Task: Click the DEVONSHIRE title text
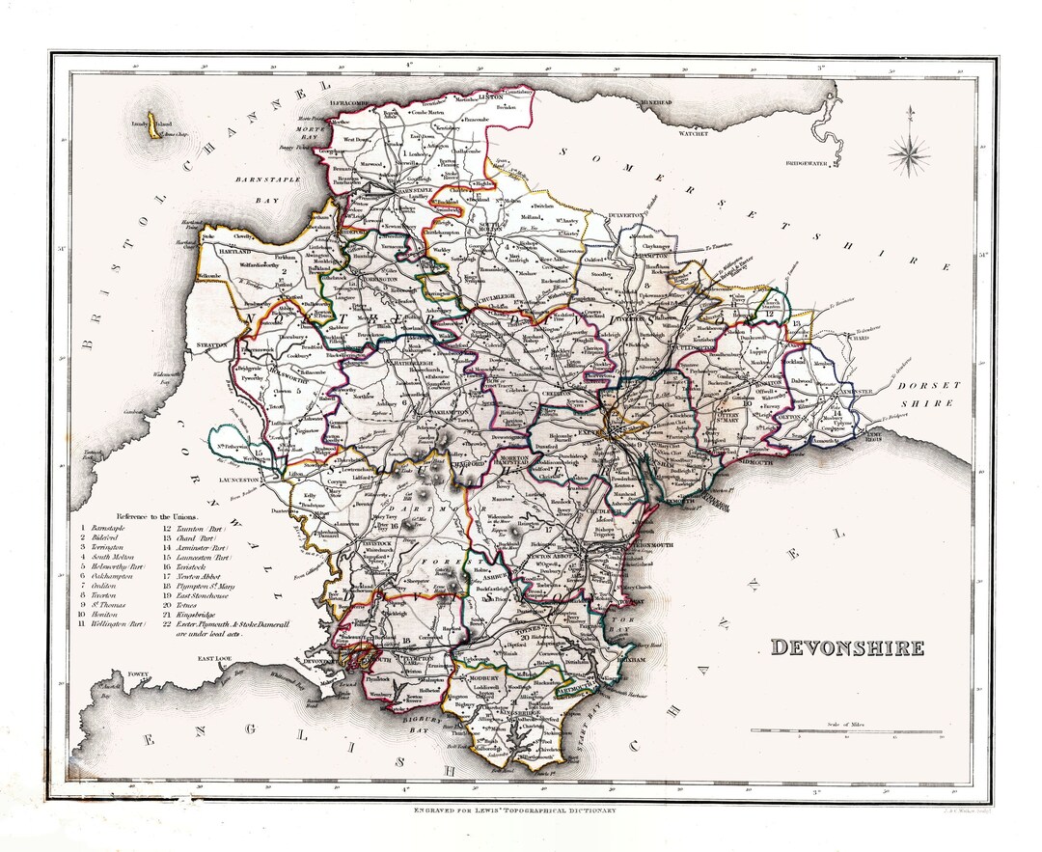point(846,647)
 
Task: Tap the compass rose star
point(909,152)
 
